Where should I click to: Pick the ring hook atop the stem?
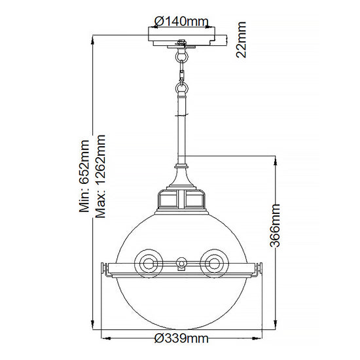pos(181,85)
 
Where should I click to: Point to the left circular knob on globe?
pos(149,263)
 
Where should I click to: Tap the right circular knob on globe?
pos(213,263)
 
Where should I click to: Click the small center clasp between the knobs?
pos(181,265)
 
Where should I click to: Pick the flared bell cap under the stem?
pos(181,175)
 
